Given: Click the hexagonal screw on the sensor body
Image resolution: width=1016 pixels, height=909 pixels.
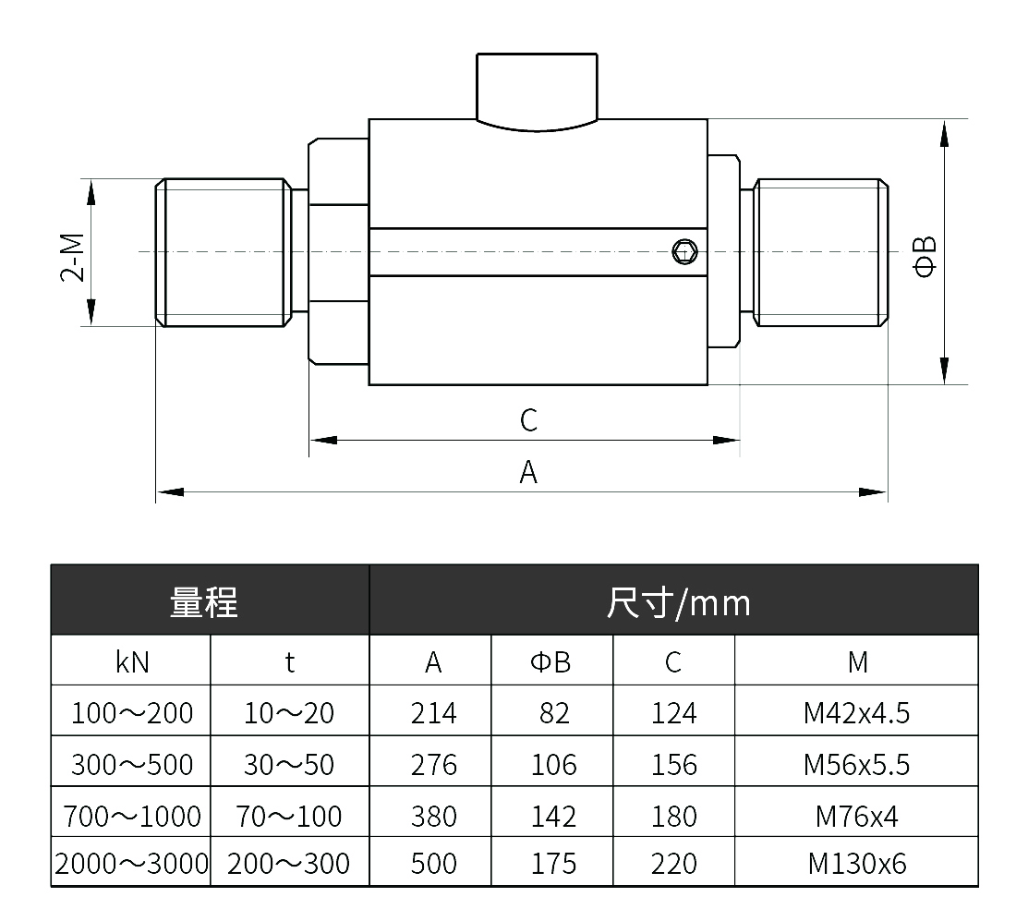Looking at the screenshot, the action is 685,251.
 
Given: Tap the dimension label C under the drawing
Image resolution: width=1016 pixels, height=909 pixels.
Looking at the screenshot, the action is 528,420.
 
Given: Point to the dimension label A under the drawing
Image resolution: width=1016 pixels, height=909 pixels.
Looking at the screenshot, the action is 528,472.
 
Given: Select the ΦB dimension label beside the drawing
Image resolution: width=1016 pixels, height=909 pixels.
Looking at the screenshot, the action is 925,257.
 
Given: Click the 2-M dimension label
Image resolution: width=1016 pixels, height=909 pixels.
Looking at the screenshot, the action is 73,257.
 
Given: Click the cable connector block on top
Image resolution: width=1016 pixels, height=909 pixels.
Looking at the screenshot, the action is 538,92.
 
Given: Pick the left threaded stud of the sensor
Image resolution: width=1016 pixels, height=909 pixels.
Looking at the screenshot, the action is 224,252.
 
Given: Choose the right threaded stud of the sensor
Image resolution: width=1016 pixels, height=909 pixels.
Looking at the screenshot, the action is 820,252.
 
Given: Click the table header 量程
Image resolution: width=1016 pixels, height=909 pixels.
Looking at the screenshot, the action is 204,602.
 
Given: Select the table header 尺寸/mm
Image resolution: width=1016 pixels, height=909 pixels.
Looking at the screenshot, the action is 679,602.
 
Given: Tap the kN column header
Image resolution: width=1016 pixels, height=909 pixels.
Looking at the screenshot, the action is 132,662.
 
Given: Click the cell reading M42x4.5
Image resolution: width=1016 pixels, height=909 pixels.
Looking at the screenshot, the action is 856,712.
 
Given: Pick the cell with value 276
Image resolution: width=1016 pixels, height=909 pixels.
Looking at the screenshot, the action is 433,765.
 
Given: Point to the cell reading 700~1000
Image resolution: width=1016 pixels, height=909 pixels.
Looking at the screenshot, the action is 132,816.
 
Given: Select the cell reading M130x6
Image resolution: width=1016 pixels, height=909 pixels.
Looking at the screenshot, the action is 856,863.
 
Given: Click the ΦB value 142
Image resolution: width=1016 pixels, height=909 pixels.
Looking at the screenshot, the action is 553,816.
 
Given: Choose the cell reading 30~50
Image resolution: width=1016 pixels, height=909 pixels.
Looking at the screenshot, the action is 289,765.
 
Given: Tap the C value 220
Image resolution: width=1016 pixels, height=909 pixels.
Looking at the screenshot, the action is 674,863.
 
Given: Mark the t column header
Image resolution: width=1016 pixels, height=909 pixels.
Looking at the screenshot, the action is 290,662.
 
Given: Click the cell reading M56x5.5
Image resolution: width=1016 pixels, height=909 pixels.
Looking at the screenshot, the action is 856,765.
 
